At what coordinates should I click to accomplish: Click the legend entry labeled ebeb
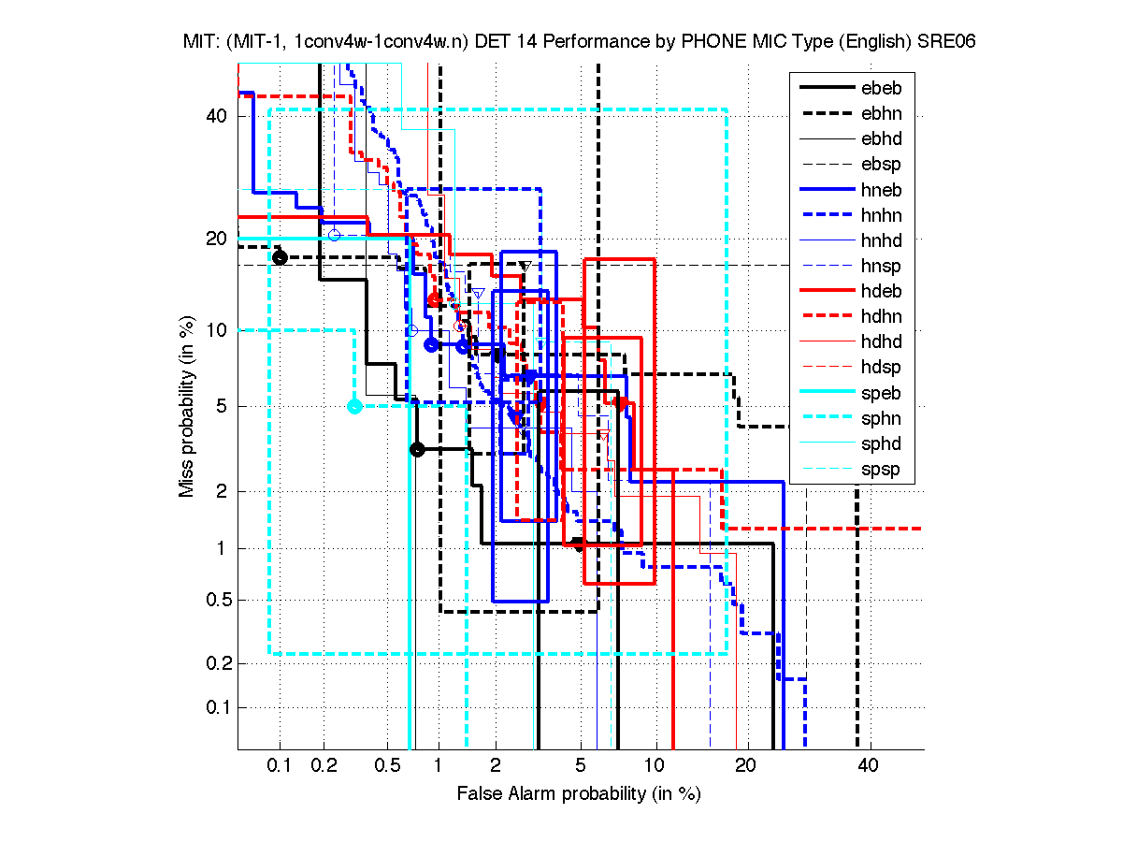click(x=880, y=88)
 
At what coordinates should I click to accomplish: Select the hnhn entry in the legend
click(x=880, y=215)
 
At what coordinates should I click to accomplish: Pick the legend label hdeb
click(x=880, y=291)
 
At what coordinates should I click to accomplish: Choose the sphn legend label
click(x=880, y=418)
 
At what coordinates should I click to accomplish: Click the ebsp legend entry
click(x=880, y=165)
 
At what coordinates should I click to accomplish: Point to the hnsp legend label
click(x=880, y=266)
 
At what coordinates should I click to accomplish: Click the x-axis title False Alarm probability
click(x=578, y=794)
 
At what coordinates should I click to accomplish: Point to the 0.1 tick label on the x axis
click(x=280, y=766)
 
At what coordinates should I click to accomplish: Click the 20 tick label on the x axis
click(x=744, y=766)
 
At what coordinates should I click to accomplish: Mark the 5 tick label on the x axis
click(x=581, y=766)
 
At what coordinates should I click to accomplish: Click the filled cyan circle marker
click(x=354, y=406)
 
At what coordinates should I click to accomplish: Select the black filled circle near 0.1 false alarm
click(x=279, y=257)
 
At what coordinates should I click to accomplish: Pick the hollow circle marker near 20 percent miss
click(x=334, y=235)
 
